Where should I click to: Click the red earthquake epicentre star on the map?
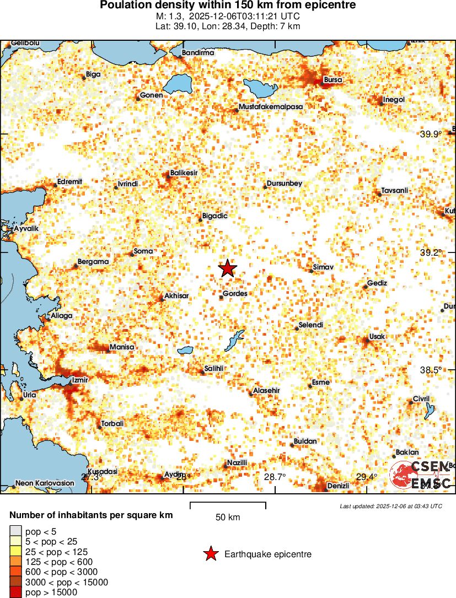[227, 268]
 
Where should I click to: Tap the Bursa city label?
[332, 80]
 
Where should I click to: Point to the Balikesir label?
[184, 173]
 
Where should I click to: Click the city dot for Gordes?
[222, 298]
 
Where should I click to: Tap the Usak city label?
[378, 336]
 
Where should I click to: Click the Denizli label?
[338, 486]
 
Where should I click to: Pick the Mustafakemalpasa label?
[271, 106]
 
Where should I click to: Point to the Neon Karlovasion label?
[45, 483]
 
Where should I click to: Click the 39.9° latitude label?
[431, 134]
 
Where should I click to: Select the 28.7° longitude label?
[275, 477]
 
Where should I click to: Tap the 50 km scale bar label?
[228, 518]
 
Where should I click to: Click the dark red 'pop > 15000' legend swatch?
[15, 592]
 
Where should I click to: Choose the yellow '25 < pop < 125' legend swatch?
[15, 552]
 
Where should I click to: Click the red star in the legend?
[210, 554]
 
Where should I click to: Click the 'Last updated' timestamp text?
[390, 506]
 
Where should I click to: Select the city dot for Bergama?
[76, 267]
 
